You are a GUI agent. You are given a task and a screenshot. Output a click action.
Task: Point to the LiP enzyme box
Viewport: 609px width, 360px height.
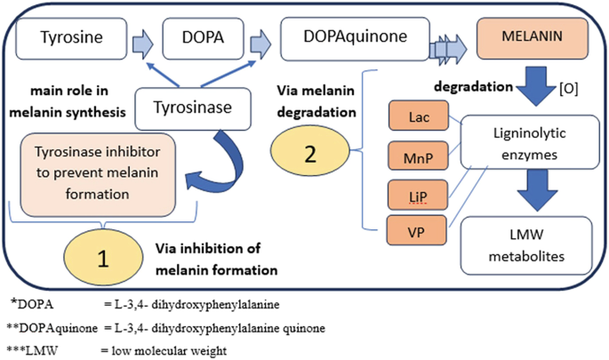coord(419,195)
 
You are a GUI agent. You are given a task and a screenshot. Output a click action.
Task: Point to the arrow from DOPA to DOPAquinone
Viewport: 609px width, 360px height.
coord(259,40)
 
